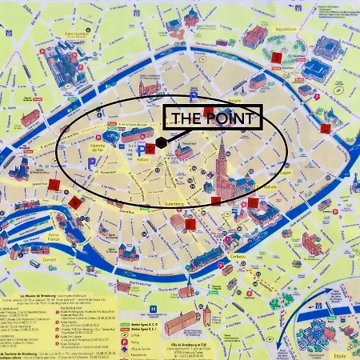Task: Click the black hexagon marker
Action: coord(162,142)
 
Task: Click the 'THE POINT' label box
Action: coord(214,118)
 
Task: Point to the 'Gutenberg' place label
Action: coord(174,204)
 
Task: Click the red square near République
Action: coord(277,58)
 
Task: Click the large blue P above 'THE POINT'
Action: coord(194,97)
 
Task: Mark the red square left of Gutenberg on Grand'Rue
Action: coord(74,202)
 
